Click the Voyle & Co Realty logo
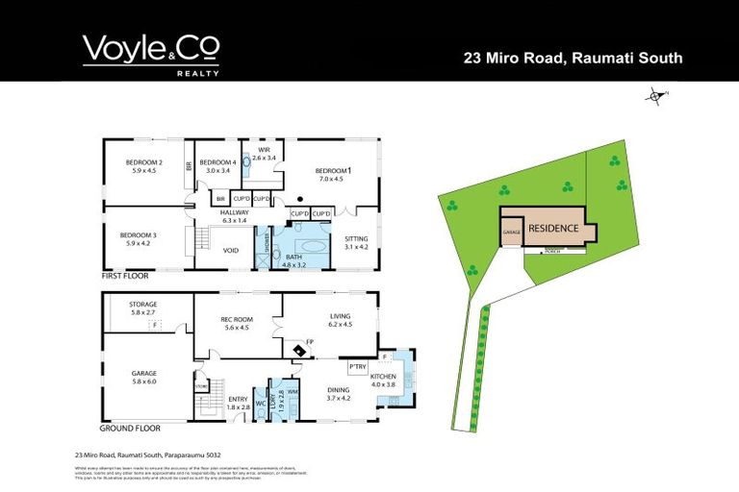(x=151, y=55)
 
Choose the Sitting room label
(x=356, y=242)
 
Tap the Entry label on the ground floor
(x=238, y=404)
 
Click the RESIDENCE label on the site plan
(x=551, y=229)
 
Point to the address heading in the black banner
(x=573, y=58)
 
